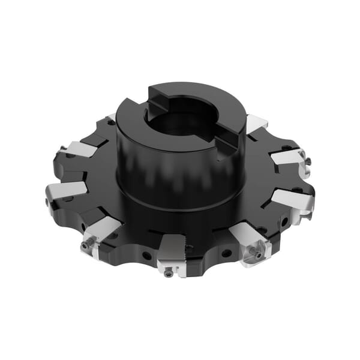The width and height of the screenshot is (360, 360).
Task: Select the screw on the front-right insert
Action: click(x=259, y=254)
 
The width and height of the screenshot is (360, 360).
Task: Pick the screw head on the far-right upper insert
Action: click(x=307, y=161)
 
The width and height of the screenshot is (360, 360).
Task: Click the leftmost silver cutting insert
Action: click(x=65, y=190)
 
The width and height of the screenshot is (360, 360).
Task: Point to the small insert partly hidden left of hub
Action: click(x=112, y=118)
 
